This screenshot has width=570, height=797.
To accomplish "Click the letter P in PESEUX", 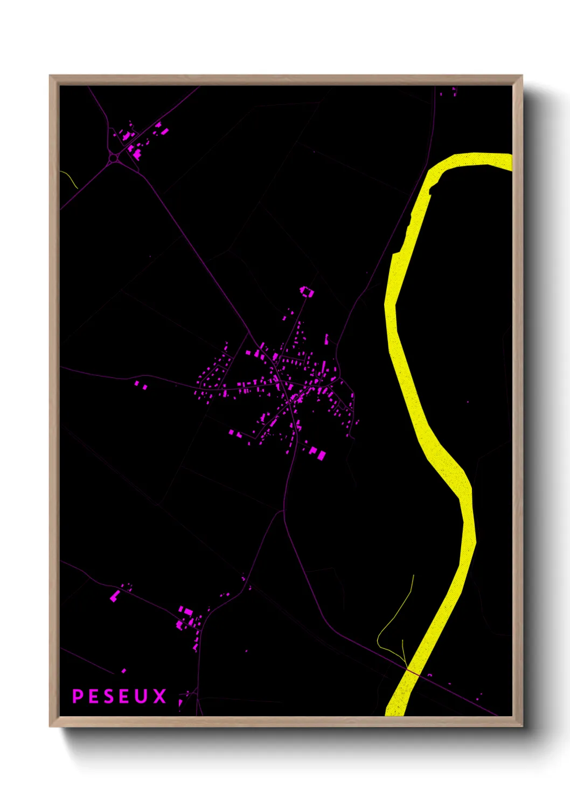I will pyautogui.click(x=78, y=696).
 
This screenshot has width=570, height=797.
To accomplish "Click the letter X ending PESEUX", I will pyautogui.click(x=159, y=696).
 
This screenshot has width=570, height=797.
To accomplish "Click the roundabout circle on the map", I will pyautogui.click(x=115, y=158).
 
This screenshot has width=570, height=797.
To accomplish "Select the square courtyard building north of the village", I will pyautogui.click(x=307, y=292).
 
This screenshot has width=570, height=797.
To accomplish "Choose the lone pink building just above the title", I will pyautogui.click(x=124, y=671).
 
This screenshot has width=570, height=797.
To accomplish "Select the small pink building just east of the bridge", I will pyautogui.click(x=430, y=675).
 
